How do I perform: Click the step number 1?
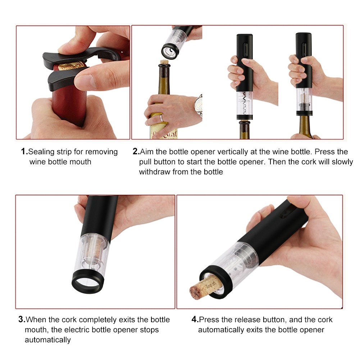pyautogui.click(x=24, y=152)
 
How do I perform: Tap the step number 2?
pyautogui.click(x=136, y=152)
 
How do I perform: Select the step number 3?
pyautogui.click(x=22, y=319)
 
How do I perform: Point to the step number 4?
pyautogui.click(x=195, y=319)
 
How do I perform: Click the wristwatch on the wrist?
pyautogui.click(x=198, y=105)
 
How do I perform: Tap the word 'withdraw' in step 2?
pyautogui.click(x=154, y=172)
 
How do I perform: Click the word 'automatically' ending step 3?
pyautogui.click(x=47, y=340)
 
